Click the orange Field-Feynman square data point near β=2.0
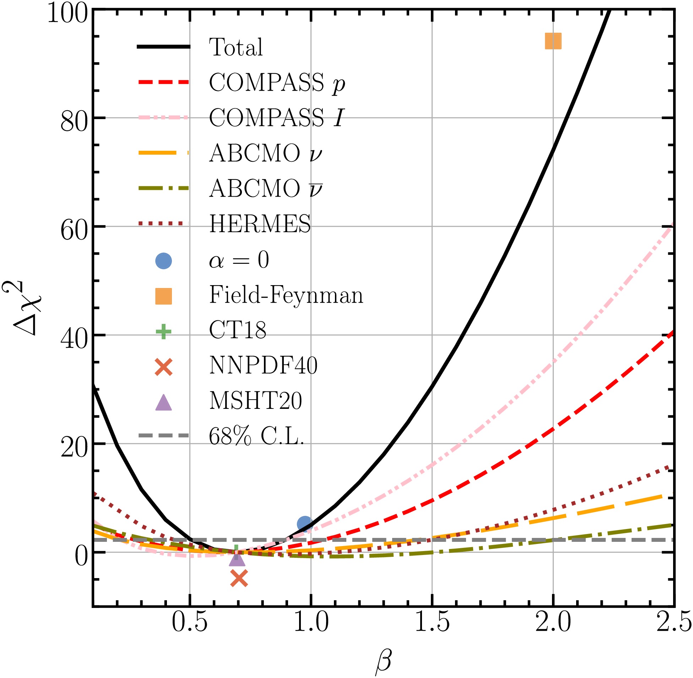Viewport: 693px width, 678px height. pyautogui.click(x=553, y=41)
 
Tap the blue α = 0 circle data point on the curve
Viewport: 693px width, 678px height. pyautogui.click(x=304, y=524)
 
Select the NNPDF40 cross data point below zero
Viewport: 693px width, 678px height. pyautogui.click(x=239, y=578)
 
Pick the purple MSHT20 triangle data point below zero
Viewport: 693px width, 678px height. pyautogui.click(x=237, y=559)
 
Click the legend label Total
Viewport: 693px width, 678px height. pyautogui.click(x=236, y=47)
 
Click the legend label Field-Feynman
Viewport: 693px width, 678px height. pyautogui.click(x=286, y=295)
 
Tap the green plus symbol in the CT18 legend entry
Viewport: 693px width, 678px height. pyautogui.click(x=164, y=331)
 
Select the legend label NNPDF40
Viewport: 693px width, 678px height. pyautogui.click(x=263, y=365)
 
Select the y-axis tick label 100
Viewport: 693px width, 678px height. pyautogui.click(x=67, y=14)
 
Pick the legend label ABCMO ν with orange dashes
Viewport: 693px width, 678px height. pyautogui.click(x=265, y=154)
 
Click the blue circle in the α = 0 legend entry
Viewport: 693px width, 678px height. pyautogui.click(x=164, y=261)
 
